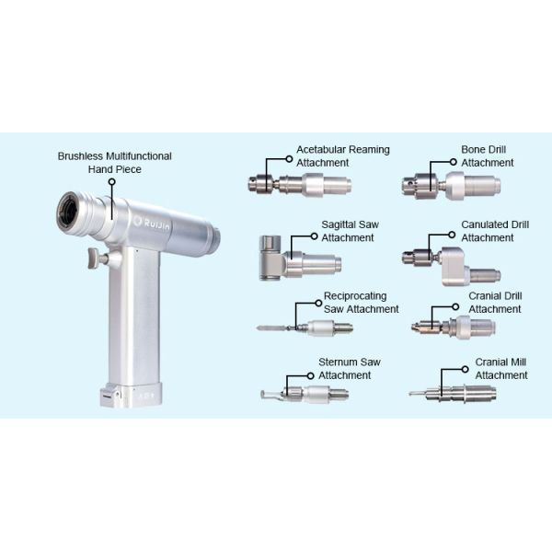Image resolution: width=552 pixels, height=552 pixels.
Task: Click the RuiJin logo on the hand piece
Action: [x=152, y=223]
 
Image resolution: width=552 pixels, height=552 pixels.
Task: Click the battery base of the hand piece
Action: [x=131, y=395]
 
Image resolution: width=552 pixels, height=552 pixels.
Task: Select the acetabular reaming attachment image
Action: [x=300, y=185]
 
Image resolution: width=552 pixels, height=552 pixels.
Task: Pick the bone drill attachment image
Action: [x=451, y=186]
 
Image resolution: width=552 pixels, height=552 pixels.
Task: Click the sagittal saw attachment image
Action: [x=300, y=259]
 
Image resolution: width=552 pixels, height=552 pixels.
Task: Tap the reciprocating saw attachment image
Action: [x=305, y=328]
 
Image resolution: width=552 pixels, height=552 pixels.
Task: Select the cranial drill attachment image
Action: [x=454, y=327]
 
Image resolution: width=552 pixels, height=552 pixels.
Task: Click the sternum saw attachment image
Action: [x=305, y=394]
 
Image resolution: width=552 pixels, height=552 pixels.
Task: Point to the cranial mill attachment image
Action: [x=453, y=393]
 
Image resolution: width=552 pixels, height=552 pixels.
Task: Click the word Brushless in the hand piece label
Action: [x=80, y=156]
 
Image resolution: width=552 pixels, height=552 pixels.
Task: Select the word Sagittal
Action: [x=338, y=225]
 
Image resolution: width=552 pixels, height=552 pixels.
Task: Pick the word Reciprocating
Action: [x=355, y=296]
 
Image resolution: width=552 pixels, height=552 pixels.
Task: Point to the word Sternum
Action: [x=338, y=362]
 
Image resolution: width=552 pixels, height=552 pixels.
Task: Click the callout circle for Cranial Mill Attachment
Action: [x=465, y=369]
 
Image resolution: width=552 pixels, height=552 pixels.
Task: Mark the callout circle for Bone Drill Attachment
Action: [x=454, y=162]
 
